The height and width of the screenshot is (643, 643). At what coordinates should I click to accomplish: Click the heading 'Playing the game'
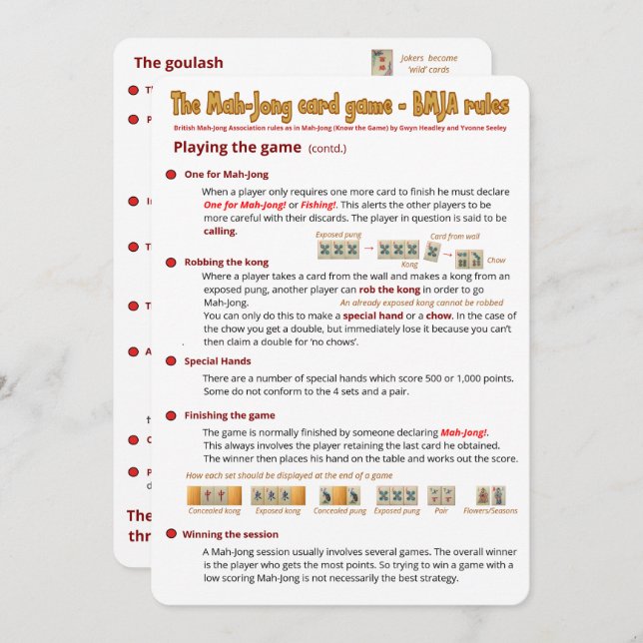[237, 148]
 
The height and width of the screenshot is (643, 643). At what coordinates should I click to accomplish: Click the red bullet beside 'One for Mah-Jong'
[171, 175]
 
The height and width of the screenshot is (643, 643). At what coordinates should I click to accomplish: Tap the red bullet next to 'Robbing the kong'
[171, 262]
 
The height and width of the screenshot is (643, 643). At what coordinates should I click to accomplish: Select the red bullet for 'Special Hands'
[171, 361]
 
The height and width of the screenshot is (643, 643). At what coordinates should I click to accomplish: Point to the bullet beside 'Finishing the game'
[171, 415]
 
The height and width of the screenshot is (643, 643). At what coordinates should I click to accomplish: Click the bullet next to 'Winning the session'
[169, 534]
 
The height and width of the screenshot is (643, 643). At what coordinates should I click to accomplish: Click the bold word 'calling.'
[220, 231]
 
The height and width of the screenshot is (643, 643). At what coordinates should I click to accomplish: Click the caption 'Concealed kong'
[214, 511]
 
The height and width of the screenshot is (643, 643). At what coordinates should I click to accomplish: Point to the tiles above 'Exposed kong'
[277, 495]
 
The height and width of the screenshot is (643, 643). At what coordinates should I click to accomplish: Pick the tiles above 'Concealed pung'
[339, 495]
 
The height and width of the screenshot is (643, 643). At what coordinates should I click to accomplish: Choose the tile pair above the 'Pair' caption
[441, 495]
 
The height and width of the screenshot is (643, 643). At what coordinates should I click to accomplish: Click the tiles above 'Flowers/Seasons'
[490, 495]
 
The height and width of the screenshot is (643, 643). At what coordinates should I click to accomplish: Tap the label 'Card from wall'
[452, 237]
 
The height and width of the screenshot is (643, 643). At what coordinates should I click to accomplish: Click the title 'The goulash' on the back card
[179, 62]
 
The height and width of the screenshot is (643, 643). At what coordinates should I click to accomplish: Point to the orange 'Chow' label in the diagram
[496, 261]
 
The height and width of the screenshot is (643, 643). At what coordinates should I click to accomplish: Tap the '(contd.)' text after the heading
[327, 149]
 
